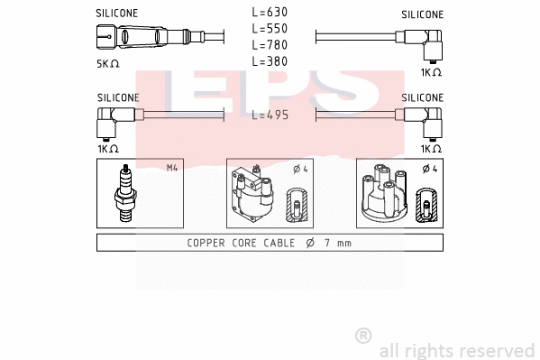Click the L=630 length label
[x=270, y=13]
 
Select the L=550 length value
[x=270, y=29]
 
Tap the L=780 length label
[x=270, y=45]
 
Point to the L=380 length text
[x=270, y=61]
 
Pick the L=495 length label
[x=270, y=115]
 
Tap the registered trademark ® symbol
[x=363, y=335]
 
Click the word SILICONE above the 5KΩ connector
[x=117, y=14]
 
